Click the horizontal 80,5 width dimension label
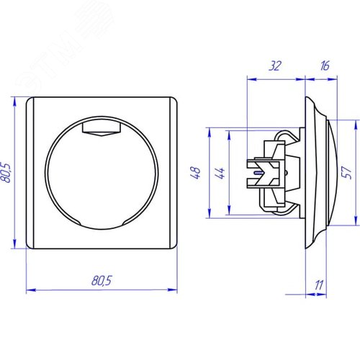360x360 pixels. click(x=102, y=280)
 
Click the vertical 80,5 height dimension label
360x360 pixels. click(x=6, y=173)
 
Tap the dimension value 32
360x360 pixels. click(x=275, y=66)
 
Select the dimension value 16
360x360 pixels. click(x=325, y=66)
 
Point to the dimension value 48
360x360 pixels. click(x=196, y=173)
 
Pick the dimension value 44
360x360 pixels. click(x=220, y=173)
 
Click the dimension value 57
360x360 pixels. click(x=347, y=172)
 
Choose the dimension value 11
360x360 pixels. click(x=319, y=285)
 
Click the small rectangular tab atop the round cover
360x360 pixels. click(x=101, y=129)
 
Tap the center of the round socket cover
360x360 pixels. click(x=102, y=174)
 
